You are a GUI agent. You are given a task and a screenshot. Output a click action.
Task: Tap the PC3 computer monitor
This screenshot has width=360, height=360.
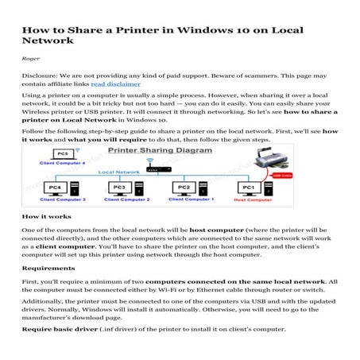pyautogui.click(x=118, y=189)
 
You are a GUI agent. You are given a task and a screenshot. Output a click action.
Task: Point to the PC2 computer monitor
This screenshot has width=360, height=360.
pyautogui.click(x=181, y=189)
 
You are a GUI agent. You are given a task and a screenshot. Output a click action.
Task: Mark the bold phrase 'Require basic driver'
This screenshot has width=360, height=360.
pyautogui.click(x=59, y=329)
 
